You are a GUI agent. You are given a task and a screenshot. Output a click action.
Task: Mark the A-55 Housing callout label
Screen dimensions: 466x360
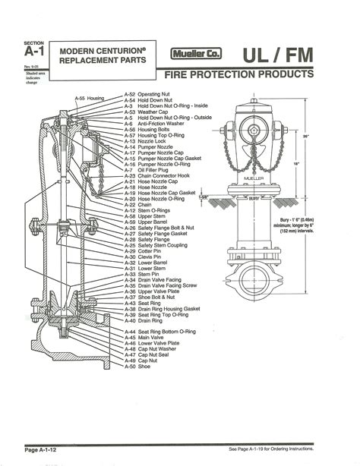tap(89, 99)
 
